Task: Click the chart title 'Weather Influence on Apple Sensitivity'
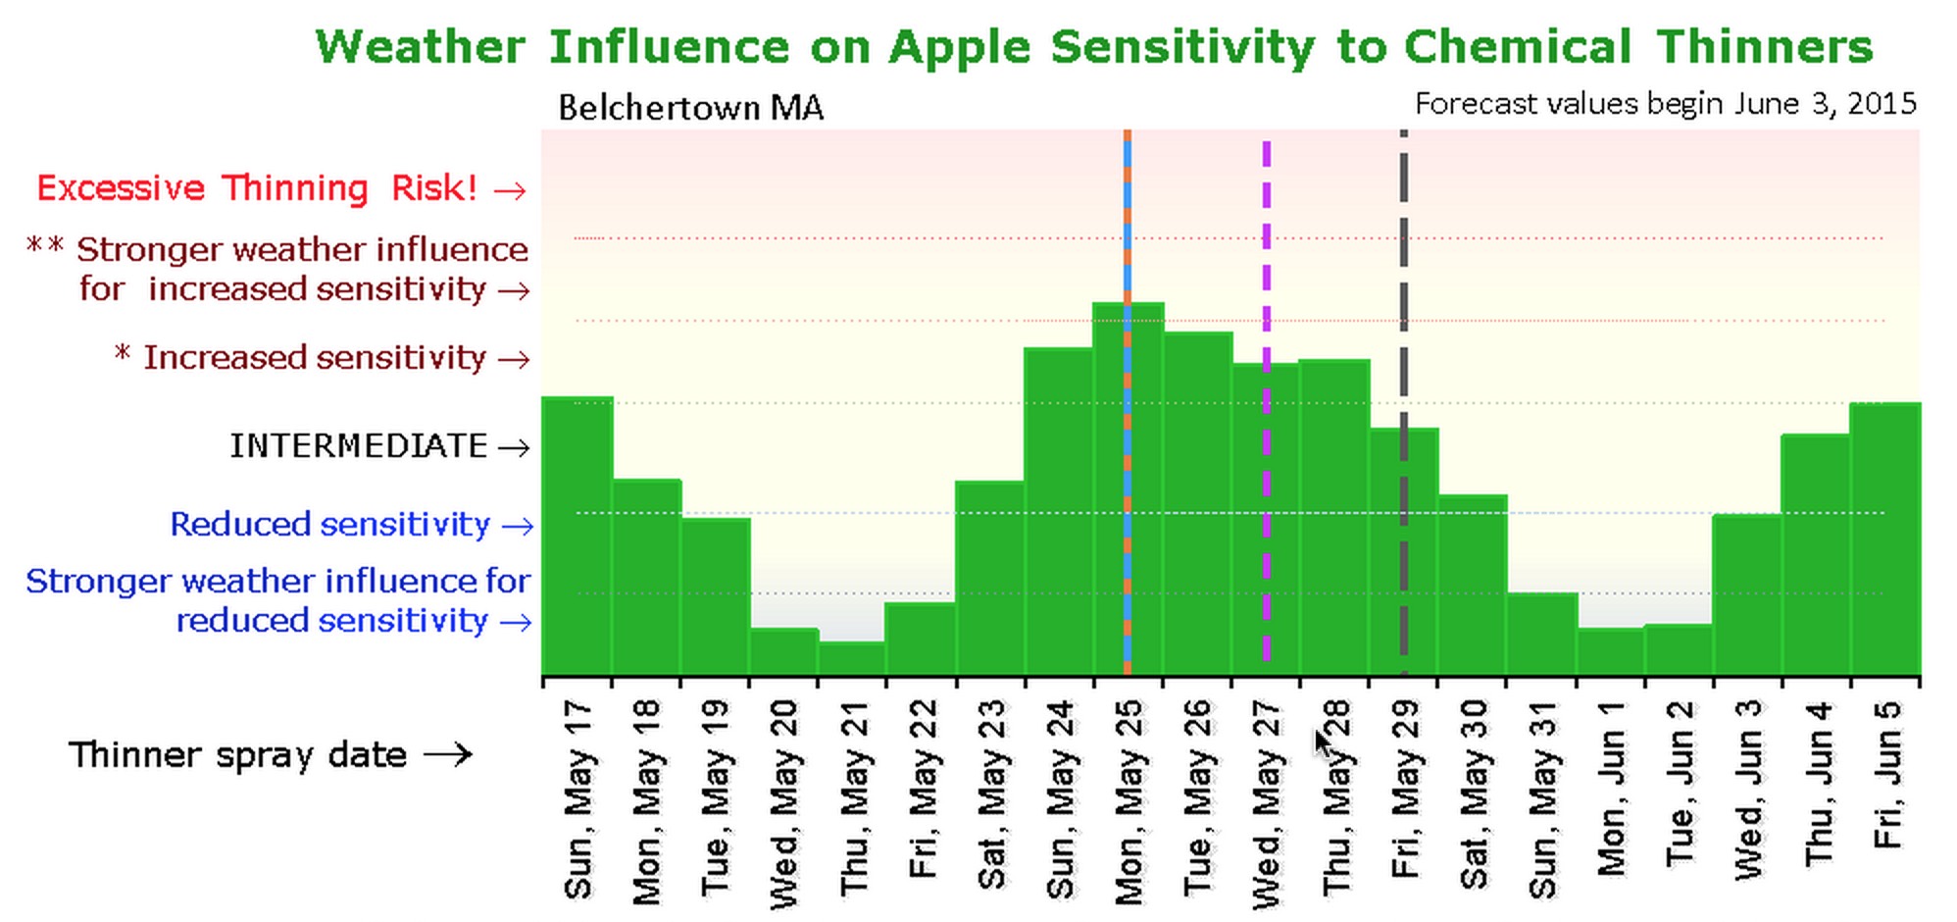click(x=1093, y=47)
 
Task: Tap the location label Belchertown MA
click(x=690, y=108)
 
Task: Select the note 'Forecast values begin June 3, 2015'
click(x=1665, y=104)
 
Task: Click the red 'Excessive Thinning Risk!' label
click(x=257, y=188)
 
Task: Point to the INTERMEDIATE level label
click(x=359, y=446)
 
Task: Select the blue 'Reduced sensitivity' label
click(x=330, y=525)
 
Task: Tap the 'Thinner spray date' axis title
click(x=237, y=755)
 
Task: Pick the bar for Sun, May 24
click(x=1058, y=510)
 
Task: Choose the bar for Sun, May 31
click(x=1542, y=634)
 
